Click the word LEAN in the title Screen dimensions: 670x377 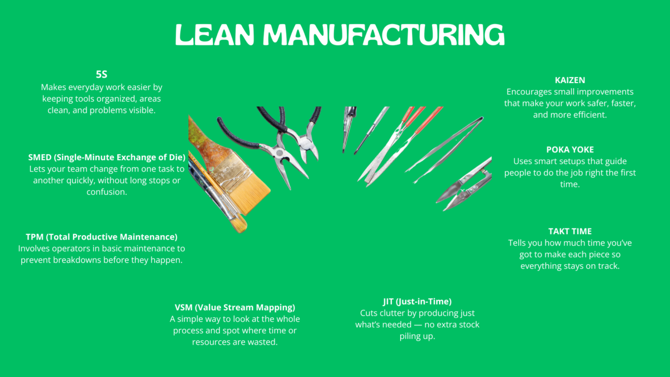point(214,35)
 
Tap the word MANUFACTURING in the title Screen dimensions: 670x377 point(384,35)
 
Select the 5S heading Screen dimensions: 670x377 point(102,74)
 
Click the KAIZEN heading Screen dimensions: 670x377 point(570,80)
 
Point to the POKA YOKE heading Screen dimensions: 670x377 point(570,150)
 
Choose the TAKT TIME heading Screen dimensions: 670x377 point(570,231)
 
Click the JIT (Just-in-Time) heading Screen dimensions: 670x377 point(417,302)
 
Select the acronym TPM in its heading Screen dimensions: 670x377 point(35,237)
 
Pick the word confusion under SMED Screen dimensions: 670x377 point(107,192)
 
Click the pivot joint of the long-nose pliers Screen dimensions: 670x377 point(279,153)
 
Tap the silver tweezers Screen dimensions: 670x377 point(445,149)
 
